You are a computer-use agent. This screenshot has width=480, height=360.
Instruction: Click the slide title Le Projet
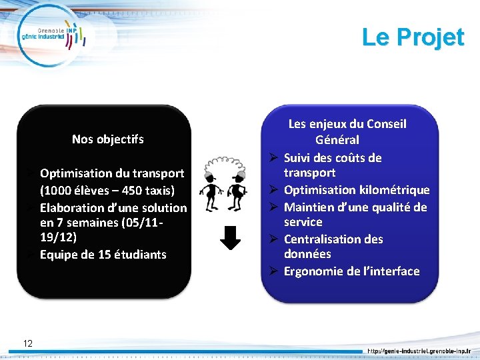click(413, 37)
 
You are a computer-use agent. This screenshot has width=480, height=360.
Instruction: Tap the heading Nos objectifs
click(107, 139)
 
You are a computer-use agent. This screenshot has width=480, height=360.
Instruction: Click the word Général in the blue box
click(337, 140)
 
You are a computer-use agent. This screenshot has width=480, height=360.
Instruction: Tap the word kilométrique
click(392, 190)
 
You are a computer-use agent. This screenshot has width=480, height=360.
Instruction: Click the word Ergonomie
click(313, 271)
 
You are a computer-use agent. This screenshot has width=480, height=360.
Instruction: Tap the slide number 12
click(28, 343)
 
